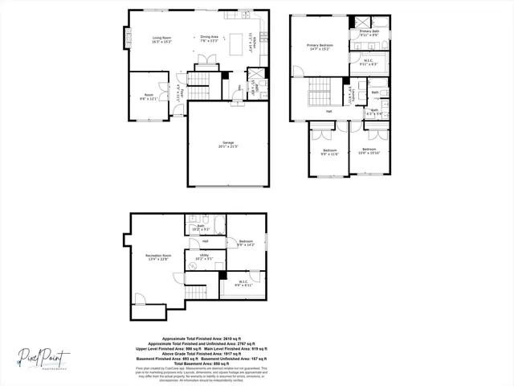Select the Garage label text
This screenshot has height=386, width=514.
228,146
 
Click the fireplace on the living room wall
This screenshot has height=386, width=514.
125,37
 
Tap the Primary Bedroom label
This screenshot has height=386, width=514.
319,47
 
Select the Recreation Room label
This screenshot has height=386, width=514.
157,257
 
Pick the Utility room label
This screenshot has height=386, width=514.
203,257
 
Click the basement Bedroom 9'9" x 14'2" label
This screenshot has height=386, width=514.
247,243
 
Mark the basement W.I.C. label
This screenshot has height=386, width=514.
243,283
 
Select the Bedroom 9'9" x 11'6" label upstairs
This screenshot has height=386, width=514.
330,151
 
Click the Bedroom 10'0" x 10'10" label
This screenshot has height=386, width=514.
369,151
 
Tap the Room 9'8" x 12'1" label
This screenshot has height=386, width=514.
149,98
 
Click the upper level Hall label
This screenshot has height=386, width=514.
328,112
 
